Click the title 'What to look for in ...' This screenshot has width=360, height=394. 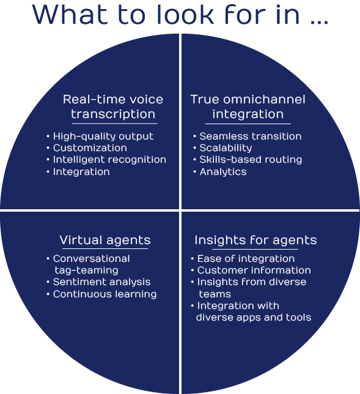180,15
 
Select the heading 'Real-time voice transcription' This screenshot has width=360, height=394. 113,106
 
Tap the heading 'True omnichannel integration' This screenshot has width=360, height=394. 248,106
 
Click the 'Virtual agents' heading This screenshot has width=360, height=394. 105,240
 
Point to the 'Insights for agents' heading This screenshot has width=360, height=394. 255,240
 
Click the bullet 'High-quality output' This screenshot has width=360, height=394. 103,136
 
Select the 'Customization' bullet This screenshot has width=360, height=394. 90,148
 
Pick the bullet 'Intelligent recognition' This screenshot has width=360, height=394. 109,160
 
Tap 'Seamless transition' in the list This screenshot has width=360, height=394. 251,136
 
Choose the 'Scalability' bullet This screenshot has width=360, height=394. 226,148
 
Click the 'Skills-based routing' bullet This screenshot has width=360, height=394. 251,160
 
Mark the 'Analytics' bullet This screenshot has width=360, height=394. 223,172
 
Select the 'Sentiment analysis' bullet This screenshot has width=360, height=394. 101,282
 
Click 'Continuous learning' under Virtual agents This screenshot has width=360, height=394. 105,294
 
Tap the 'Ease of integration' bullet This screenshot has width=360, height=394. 246,259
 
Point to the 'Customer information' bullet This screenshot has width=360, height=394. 254,270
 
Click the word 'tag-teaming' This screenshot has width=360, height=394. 86,270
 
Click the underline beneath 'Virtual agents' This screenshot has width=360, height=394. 105,249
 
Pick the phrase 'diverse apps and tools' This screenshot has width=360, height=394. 254,318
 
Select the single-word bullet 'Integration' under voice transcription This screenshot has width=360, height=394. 81,172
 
